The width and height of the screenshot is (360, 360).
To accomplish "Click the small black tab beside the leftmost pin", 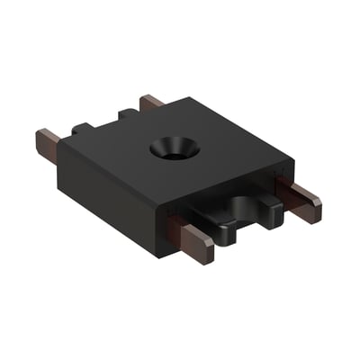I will (83, 131).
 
